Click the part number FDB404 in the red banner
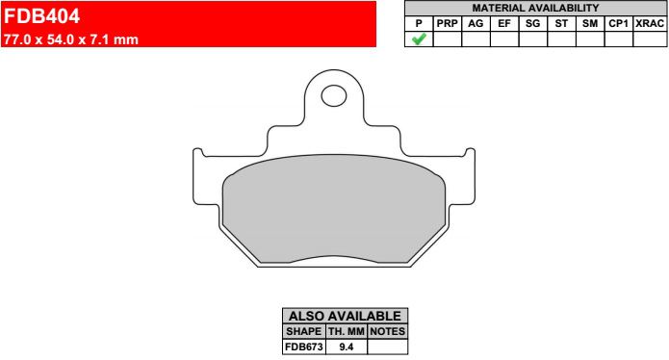[x=41, y=16]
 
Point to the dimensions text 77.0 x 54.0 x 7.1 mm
[x=71, y=39]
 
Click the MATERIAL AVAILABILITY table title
[x=535, y=8]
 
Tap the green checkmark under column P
[x=419, y=39]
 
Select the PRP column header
[x=448, y=23]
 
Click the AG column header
[x=476, y=23]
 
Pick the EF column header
[x=504, y=23]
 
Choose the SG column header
[x=533, y=23]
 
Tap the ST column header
[x=561, y=23]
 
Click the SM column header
[x=590, y=23]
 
